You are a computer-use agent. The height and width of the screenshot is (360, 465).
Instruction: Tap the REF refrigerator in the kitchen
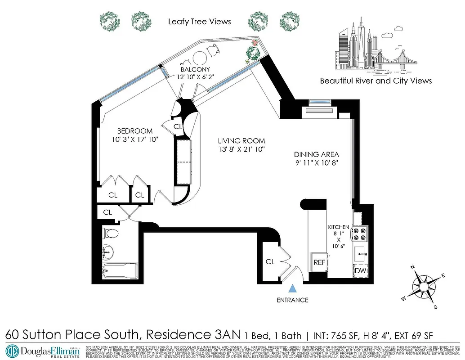coord(319,262)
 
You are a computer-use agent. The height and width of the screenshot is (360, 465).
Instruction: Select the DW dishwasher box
coord(360,270)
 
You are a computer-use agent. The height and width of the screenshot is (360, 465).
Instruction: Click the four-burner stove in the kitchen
coord(361,234)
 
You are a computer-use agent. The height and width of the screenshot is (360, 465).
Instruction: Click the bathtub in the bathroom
coord(119,270)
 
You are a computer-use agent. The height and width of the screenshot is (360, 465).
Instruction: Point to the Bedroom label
coord(134,131)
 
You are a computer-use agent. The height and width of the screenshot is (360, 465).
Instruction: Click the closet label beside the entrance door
coord(270,261)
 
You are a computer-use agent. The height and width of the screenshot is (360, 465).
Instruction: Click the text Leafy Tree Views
coord(199,22)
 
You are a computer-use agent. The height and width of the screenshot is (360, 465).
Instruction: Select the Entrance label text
coord(293,300)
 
